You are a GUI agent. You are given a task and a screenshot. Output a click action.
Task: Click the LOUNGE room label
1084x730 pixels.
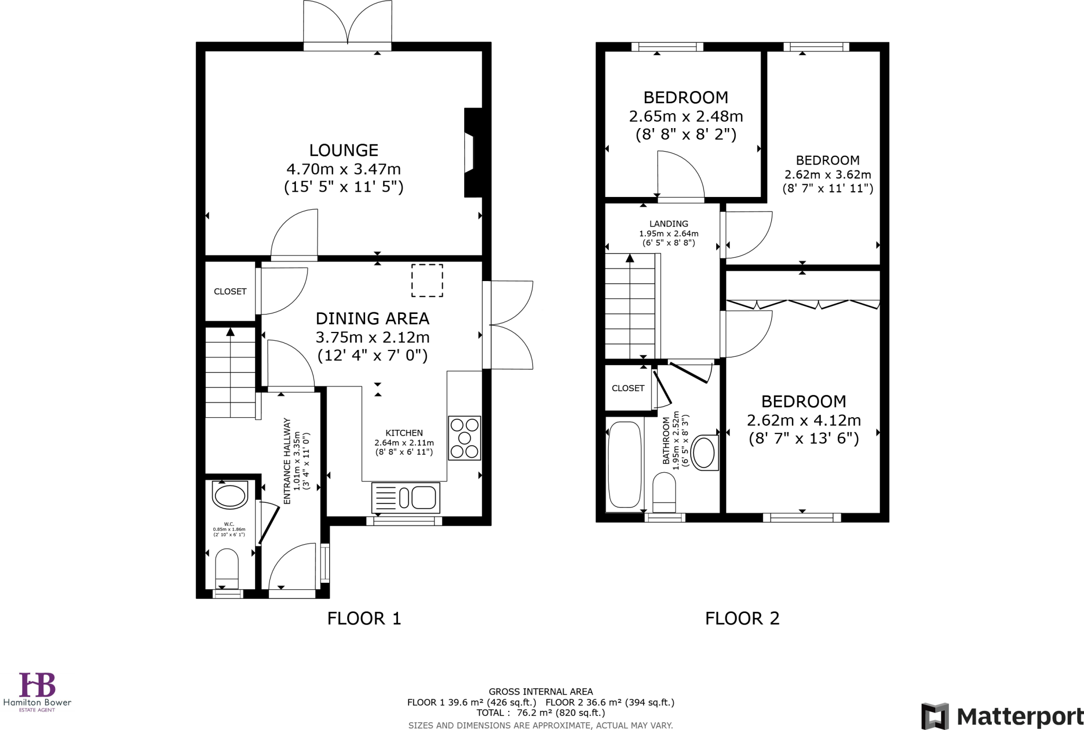(x=344, y=150)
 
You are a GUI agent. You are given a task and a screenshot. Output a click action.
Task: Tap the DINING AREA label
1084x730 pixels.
(x=372, y=319)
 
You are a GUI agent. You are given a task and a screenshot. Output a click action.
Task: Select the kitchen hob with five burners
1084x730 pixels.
(x=464, y=438)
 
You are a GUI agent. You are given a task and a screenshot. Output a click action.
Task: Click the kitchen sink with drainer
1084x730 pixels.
(x=405, y=498)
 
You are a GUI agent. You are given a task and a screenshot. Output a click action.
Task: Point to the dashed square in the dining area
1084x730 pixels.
(x=427, y=281)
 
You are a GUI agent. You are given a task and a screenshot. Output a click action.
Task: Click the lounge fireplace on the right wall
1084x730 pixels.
(x=472, y=152)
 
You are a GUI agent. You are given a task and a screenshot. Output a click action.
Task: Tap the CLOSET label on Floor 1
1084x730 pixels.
(x=230, y=292)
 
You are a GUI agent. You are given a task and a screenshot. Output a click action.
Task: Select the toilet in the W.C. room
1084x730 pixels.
(x=227, y=568)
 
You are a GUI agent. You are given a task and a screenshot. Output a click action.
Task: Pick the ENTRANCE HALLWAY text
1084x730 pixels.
(x=287, y=461)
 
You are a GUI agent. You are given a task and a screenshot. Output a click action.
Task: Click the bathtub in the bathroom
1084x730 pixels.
(x=625, y=464)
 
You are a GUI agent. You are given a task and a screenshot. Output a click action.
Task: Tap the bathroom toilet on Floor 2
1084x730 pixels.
(x=664, y=492)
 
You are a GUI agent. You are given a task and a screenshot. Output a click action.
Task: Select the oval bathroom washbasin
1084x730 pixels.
(x=704, y=453)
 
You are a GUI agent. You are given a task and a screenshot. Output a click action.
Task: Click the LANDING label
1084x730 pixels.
(x=669, y=224)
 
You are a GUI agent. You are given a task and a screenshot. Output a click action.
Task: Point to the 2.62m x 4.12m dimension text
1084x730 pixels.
(x=803, y=420)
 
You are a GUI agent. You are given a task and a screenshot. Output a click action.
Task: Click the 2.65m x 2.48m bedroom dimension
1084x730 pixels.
(x=685, y=116)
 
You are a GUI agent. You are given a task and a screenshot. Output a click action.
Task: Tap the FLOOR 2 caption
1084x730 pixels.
(x=742, y=618)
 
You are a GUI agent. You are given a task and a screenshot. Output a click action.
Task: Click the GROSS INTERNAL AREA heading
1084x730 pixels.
(x=540, y=691)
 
